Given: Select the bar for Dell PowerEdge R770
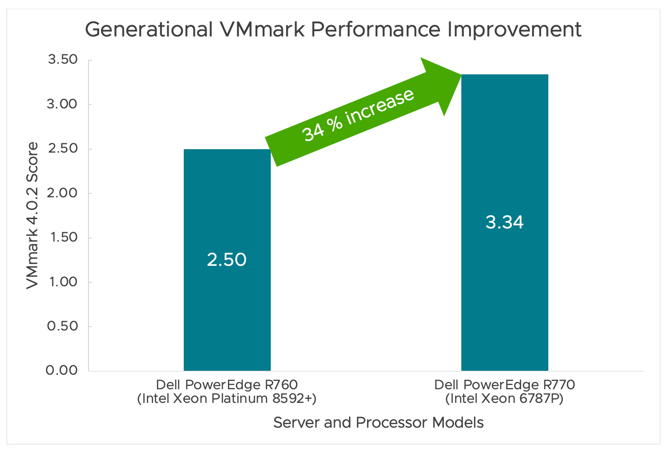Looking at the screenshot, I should click(x=505, y=292).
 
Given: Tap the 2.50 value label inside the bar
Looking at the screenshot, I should click(x=227, y=260).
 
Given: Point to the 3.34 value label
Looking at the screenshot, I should click(x=505, y=222).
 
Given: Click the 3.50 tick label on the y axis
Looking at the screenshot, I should click(x=62, y=60).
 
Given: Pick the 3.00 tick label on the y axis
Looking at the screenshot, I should click(x=62, y=104).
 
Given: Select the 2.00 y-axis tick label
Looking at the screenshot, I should click(x=62, y=193).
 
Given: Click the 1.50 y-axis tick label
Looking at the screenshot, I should click(x=62, y=237).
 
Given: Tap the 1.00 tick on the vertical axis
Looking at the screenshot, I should click(x=62, y=282).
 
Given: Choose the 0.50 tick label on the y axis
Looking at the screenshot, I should click(x=62, y=326).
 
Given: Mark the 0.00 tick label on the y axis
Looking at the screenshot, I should click(x=62, y=370).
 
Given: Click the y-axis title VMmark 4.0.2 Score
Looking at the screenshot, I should click(x=32, y=215).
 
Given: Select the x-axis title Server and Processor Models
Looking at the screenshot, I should click(x=378, y=422).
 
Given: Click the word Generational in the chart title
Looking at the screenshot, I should click(x=149, y=30).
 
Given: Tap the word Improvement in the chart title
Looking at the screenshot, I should click(x=514, y=30).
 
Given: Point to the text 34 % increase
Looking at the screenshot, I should click(x=358, y=115).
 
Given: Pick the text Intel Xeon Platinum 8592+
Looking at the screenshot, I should click(x=227, y=399).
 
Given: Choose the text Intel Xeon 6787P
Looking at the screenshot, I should click(x=505, y=399).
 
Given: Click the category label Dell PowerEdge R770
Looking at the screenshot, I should click(x=505, y=385).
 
